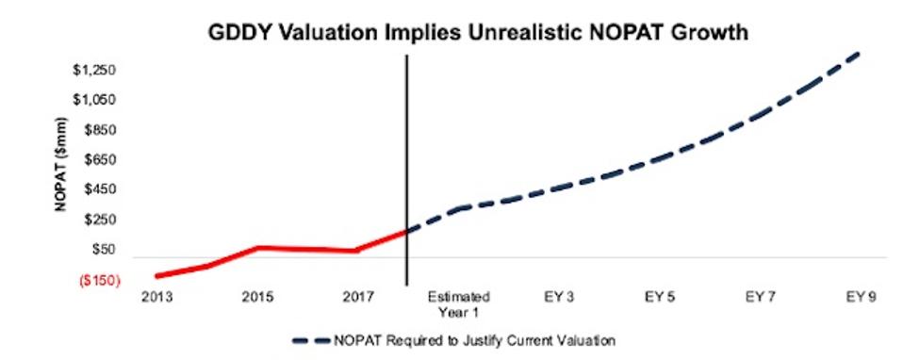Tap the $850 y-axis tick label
click(97, 131)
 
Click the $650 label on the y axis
click(97, 160)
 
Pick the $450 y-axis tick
click(97, 190)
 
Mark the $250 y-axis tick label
click(97, 221)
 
